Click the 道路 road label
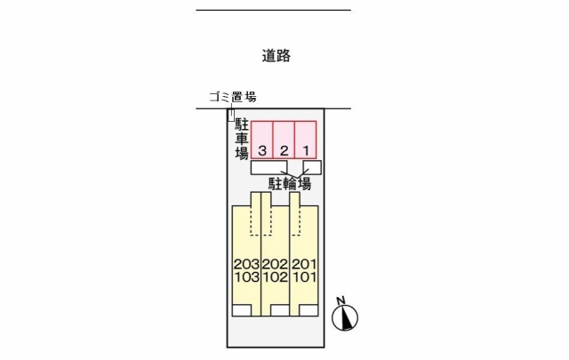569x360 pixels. click(x=276, y=56)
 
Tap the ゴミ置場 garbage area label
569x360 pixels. click(x=233, y=97)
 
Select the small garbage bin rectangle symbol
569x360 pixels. click(x=231, y=115)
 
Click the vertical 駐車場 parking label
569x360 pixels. click(x=242, y=139)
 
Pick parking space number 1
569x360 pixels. click(x=306, y=140)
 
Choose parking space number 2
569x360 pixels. click(x=284, y=140)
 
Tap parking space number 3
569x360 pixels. click(x=262, y=140)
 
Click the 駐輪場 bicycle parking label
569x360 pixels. click(x=290, y=184)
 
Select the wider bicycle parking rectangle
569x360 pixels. click(x=268, y=168)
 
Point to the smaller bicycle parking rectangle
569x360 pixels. click(x=312, y=168)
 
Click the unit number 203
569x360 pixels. click(x=247, y=264)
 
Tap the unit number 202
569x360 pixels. click(x=275, y=264)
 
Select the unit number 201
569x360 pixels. click(x=304, y=264)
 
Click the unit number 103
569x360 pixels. click(x=247, y=277)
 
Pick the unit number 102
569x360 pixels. click(x=275, y=277)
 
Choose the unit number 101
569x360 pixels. click(x=304, y=277)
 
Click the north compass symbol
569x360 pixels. click(x=345, y=318)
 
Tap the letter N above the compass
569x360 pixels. click(x=341, y=300)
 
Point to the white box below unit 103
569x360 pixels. click(x=242, y=310)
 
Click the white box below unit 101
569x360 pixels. click(x=309, y=310)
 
